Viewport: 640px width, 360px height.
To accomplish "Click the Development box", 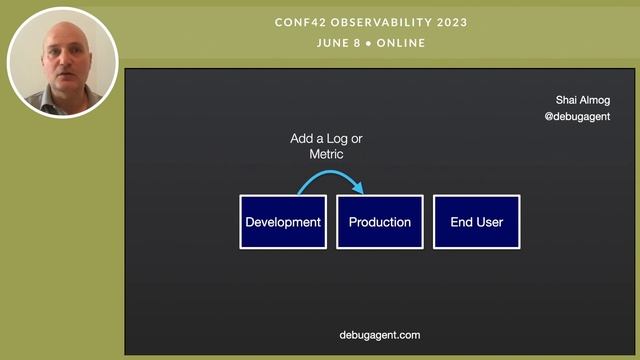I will (x=283, y=222).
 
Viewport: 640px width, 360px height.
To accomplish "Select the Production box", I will (x=380, y=222).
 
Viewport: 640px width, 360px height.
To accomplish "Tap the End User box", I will (x=476, y=222).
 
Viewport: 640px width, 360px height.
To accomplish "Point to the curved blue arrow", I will (x=331, y=177).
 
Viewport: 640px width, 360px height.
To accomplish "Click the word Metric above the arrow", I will (x=326, y=155).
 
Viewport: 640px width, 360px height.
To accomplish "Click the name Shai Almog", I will (x=583, y=100).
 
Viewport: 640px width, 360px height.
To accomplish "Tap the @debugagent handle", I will (x=577, y=117).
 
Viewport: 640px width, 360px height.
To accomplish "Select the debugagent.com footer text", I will (x=380, y=335).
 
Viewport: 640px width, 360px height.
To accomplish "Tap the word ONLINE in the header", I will (x=399, y=43).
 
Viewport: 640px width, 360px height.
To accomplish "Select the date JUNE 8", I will (x=338, y=43).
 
